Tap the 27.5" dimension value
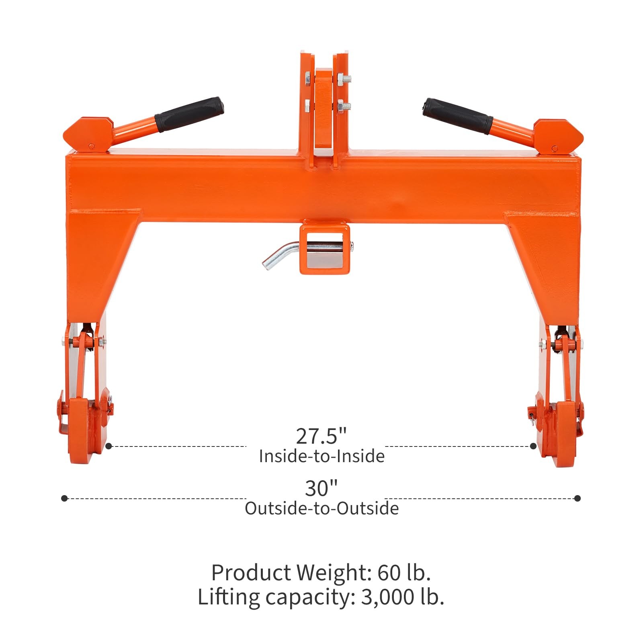coord(321,436)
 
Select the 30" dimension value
coord(321,488)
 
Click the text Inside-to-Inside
coord(321,457)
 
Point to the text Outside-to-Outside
coord(321,509)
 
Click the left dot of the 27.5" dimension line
coord(109,446)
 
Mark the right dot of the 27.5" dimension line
coord(533,446)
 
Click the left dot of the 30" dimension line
coord(64,498)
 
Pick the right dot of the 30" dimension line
coord(577,498)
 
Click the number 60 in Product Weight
coord(388,573)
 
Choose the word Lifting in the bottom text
coord(229,597)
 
